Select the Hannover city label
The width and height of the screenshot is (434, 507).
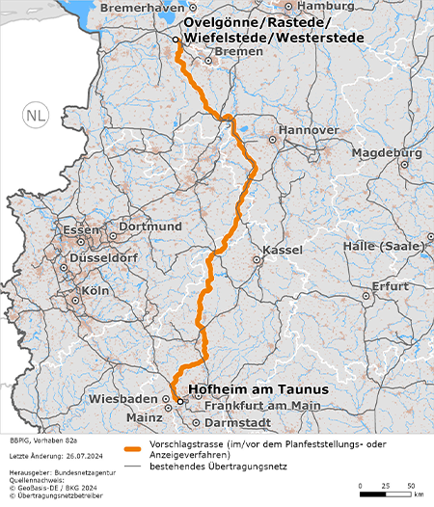click(309, 130)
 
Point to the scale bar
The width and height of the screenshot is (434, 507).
click(386, 493)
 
